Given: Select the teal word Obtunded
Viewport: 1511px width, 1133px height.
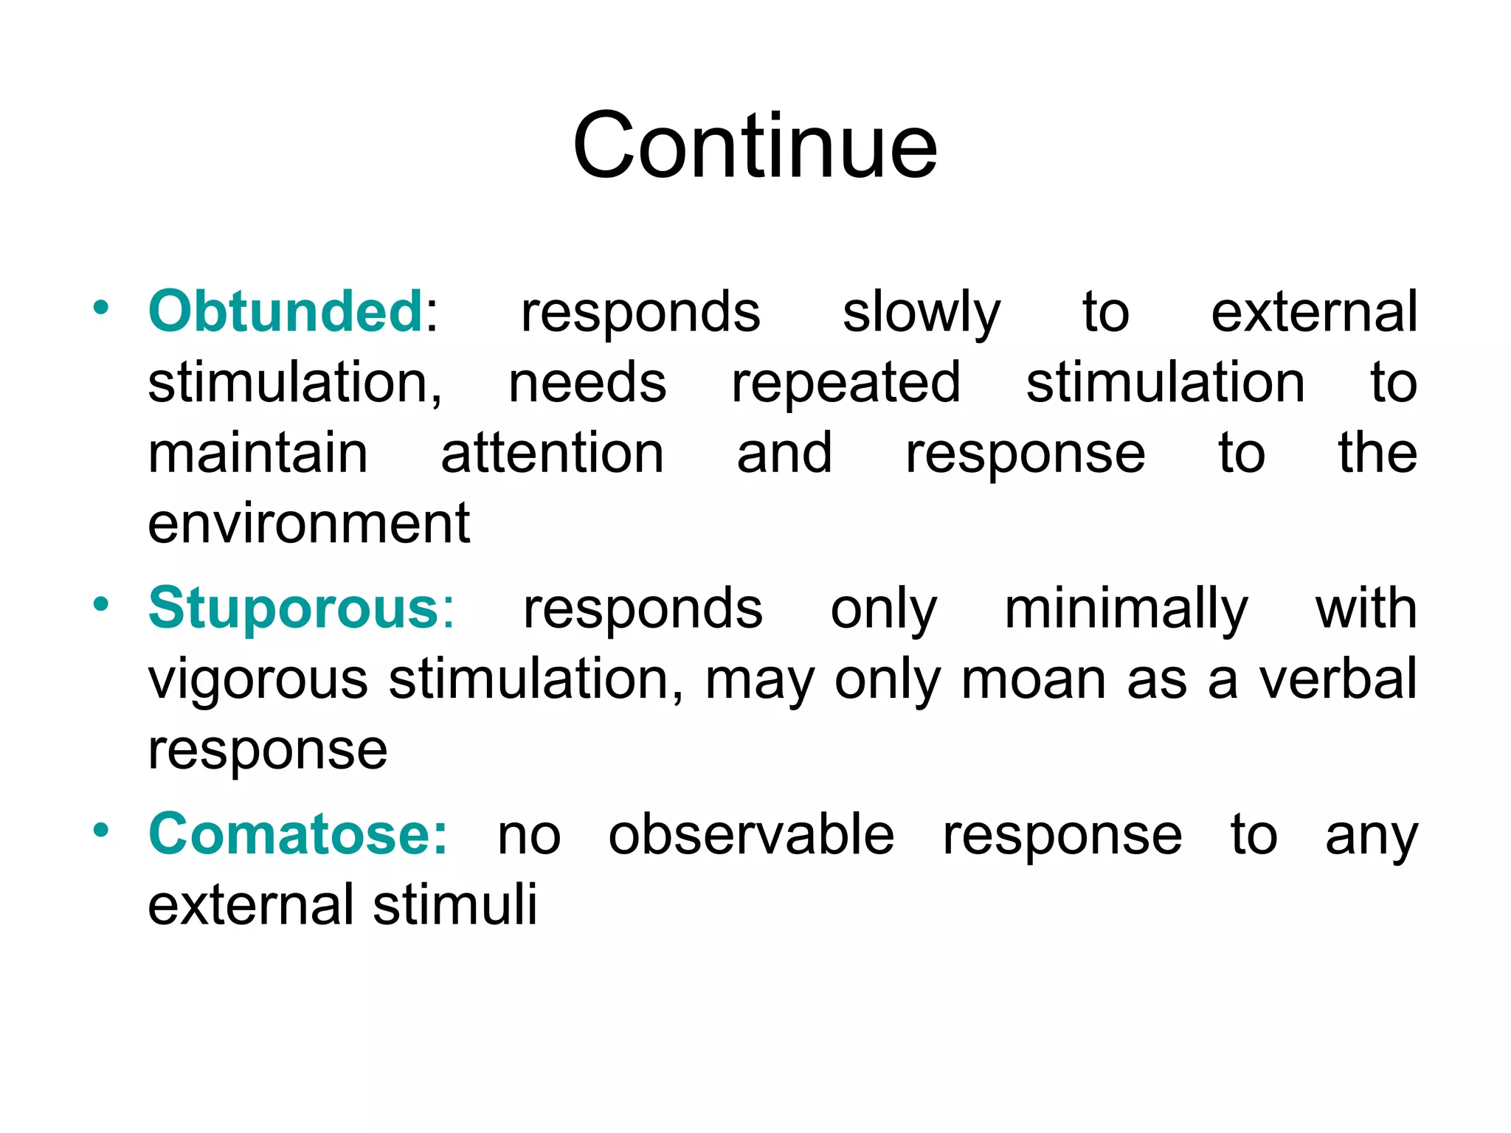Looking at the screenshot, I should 286,311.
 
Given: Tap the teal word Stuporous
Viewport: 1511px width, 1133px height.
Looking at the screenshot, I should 294,609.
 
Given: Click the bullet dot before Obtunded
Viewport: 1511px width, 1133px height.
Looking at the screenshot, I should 101,307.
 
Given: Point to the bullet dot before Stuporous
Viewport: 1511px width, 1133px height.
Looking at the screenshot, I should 101,605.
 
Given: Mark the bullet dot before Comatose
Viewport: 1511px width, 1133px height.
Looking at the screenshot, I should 101,830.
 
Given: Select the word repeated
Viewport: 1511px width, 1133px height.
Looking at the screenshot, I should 846,384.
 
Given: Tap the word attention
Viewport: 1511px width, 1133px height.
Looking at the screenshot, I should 552,453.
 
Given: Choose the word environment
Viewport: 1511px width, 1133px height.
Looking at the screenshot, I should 308,524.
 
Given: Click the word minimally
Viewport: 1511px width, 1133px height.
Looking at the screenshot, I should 1126,610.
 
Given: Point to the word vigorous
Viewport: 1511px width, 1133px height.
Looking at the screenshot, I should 257,680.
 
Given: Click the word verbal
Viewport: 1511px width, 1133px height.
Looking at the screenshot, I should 1338,679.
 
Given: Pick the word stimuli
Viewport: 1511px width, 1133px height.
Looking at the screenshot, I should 454,904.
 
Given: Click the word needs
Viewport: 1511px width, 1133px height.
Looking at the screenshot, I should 587,384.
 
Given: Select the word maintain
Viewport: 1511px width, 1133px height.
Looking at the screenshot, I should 257,453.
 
